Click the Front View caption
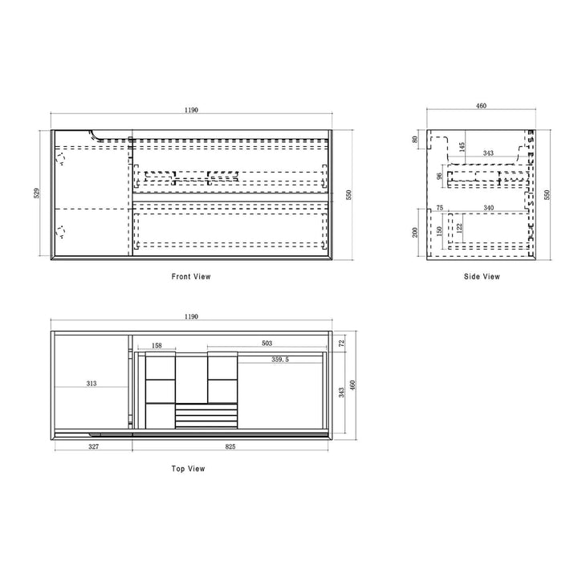coord(191,276)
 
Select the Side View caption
coord(482,276)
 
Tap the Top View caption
coord(188,469)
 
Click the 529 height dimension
coord(36,193)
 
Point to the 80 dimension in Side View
coord(415,140)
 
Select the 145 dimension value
coord(462,148)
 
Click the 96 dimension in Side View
coord(439,176)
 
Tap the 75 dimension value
coord(439,208)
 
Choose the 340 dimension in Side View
coord(488,208)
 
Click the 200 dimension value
coord(415,232)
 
